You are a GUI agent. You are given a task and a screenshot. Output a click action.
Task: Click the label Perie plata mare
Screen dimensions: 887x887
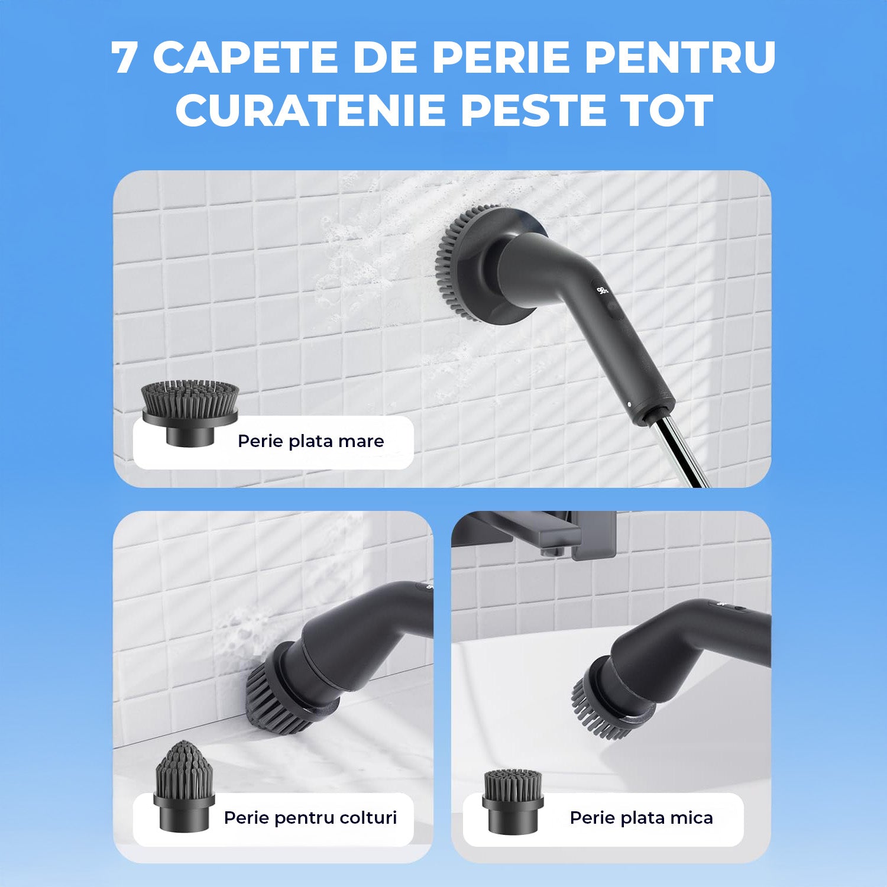pyautogui.click(x=311, y=441)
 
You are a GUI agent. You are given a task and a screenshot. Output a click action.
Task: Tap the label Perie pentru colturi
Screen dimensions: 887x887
pyautogui.click(x=310, y=818)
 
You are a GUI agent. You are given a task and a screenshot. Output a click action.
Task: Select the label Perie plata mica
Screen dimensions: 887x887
pyautogui.click(x=642, y=818)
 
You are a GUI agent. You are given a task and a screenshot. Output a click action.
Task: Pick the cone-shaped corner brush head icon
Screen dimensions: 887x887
pyautogui.click(x=183, y=786)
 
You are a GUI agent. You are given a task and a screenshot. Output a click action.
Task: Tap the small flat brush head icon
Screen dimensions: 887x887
pyautogui.click(x=512, y=801)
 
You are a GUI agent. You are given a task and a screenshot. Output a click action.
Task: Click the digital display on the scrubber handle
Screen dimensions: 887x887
pyautogui.click(x=603, y=290)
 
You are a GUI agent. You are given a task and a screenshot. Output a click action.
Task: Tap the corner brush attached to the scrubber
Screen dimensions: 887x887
pyautogui.click(x=278, y=701)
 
